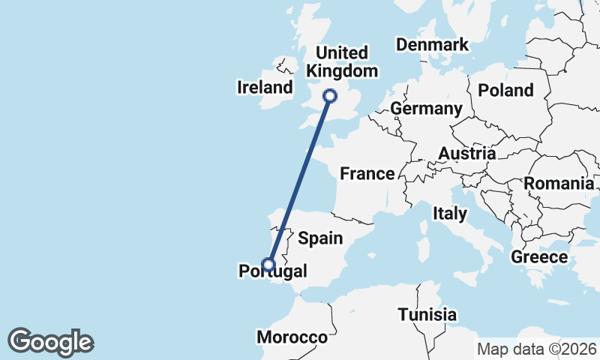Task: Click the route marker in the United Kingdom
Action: pyautogui.click(x=329, y=95)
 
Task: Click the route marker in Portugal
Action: pyautogui.click(x=268, y=263)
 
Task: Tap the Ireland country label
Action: pyautogui.click(x=265, y=88)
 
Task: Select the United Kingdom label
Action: pyautogui.click(x=342, y=62)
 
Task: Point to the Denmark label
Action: pyautogui.click(x=432, y=45)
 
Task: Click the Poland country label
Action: pyautogui.click(x=505, y=91)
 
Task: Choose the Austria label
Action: pyautogui.click(x=466, y=154)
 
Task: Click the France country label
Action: pyautogui.click(x=367, y=174)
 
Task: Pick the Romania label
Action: pyautogui.click(x=559, y=184)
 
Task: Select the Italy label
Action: pyautogui.click(x=450, y=214)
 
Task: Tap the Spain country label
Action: pyautogui.click(x=320, y=238)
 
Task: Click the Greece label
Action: pyautogui.click(x=538, y=257)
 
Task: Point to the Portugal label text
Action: pyautogui.click(x=272, y=271)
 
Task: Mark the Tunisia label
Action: pyautogui.click(x=427, y=314)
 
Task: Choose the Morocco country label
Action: pyautogui.click(x=292, y=337)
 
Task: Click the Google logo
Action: pyautogui.click(x=50, y=342)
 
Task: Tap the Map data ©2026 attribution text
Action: pyautogui.click(x=536, y=349)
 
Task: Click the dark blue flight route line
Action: pyautogui.click(x=298, y=179)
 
